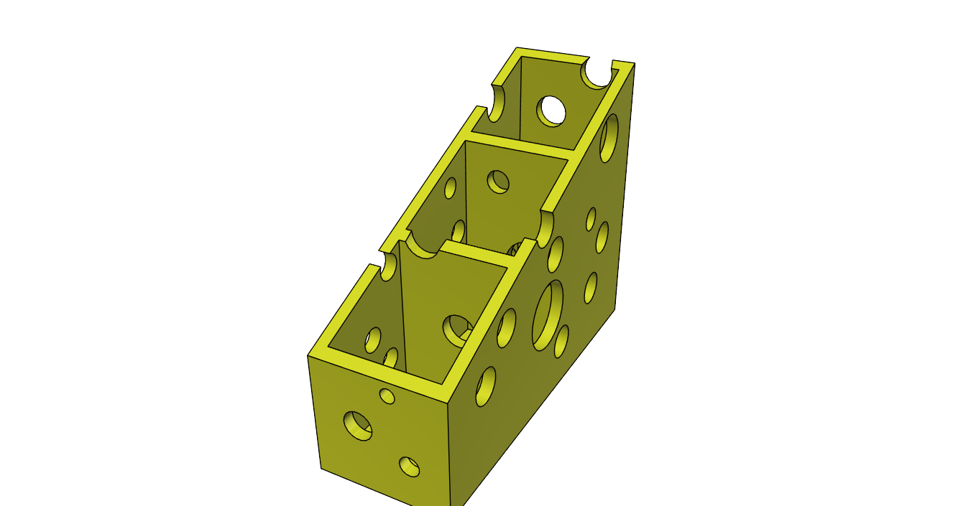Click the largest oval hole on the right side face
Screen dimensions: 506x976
[548, 315]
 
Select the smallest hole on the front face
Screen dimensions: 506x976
[387, 395]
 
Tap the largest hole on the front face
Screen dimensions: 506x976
[358, 426]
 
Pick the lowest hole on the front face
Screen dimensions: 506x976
[409, 466]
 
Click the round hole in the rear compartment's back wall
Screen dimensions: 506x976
[553, 111]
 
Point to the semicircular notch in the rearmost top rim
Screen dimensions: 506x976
[596, 74]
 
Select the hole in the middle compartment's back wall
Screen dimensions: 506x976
[498, 182]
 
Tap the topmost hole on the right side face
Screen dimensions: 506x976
[609, 137]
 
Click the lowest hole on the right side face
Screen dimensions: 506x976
[486, 386]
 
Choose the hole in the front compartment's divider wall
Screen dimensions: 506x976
[456, 329]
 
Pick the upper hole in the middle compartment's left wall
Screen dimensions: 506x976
[451, 188]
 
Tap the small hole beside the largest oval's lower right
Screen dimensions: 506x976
[561, 341]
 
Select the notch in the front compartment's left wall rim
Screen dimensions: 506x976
[389, 265]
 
